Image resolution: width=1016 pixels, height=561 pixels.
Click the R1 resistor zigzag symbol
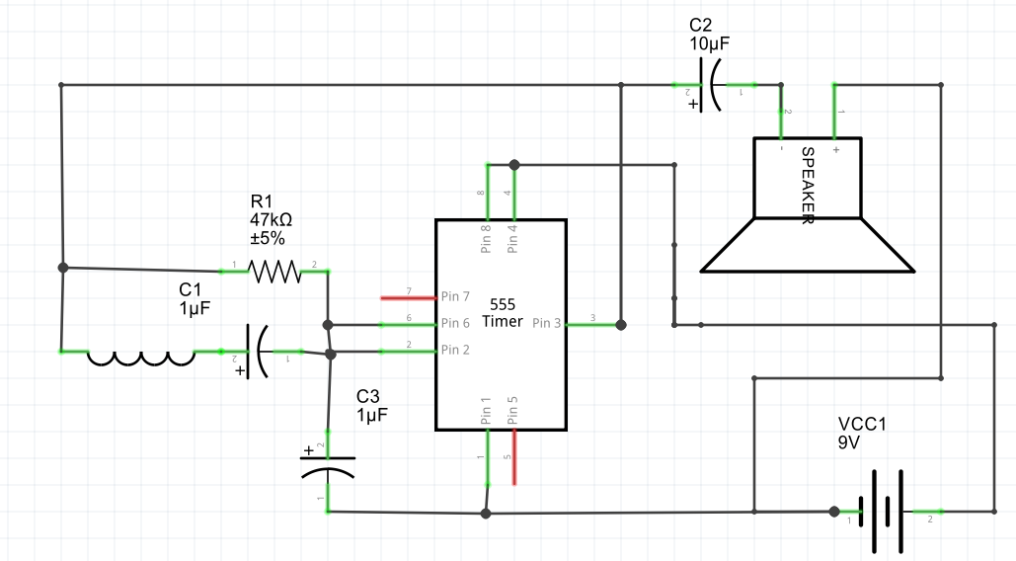coord(274,271)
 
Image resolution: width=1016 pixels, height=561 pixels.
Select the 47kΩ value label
coord(272,220)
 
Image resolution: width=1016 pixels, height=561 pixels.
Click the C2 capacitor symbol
coord(709,85)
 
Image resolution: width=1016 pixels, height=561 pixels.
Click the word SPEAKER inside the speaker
coord(807,186)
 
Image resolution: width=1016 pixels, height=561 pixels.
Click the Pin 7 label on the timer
coord(455,296)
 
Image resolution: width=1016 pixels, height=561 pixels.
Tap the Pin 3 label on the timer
coord(547,323)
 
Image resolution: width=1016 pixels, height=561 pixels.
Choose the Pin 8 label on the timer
coord(486,240)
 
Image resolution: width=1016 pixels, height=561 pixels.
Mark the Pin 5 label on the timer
coord(512,411)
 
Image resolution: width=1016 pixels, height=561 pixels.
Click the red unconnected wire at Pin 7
coord(408,296)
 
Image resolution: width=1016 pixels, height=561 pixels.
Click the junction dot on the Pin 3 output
coord(621,324)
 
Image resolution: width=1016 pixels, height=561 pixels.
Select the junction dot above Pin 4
coord(513,164)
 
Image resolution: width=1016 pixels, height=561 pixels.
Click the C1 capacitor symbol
coord(258,351)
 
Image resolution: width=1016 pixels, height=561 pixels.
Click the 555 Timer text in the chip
coord(502,313)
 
